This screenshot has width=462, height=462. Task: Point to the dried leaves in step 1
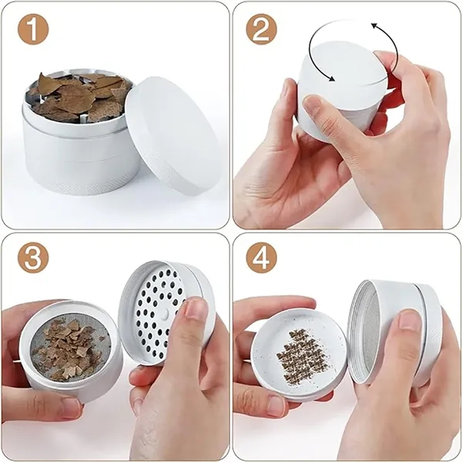pyautogui.click(x=77, y=95)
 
